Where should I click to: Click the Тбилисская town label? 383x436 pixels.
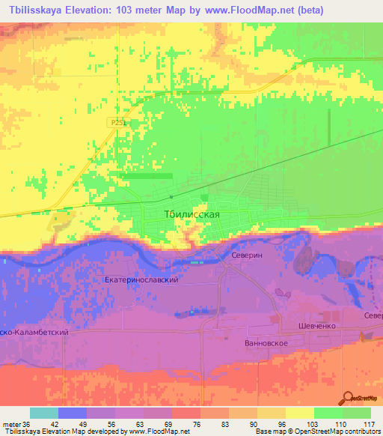click(191, 214)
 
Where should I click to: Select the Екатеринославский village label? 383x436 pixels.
click(141, 279)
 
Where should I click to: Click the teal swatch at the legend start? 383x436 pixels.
click(44, 413)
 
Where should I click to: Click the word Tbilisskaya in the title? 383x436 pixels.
click(37, 10)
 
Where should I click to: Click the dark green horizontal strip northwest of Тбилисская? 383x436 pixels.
click(146, 176)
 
